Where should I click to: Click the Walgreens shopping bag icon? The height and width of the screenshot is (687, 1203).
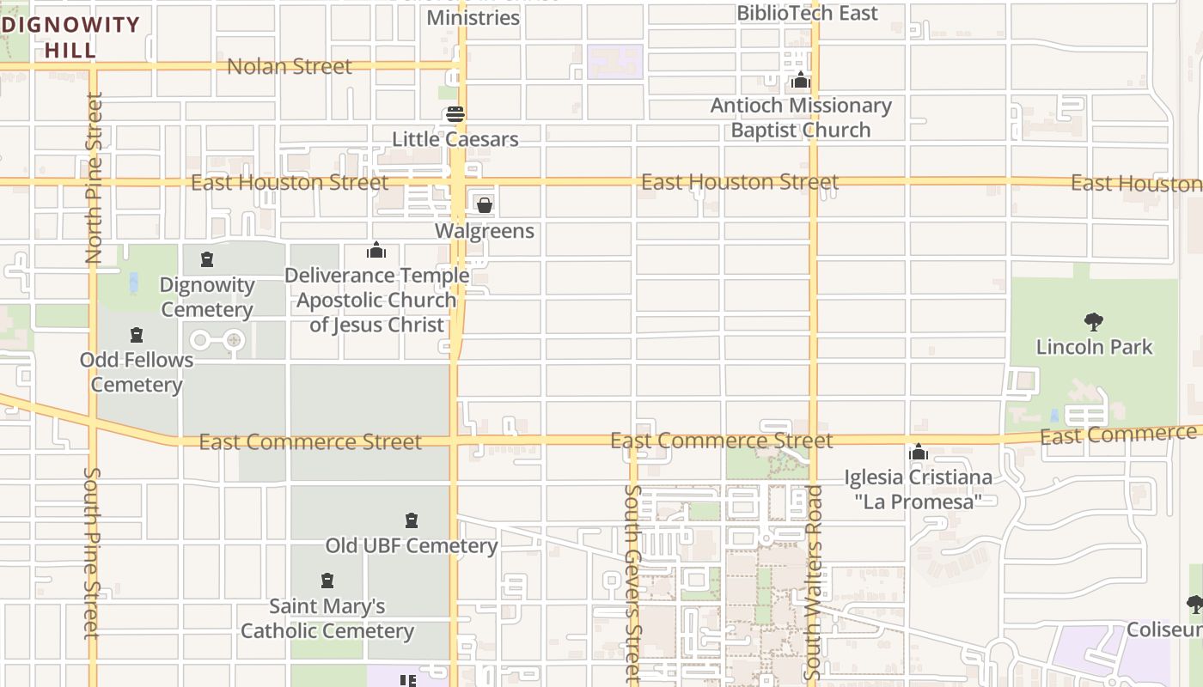pyautogui.click(x=485, y=205)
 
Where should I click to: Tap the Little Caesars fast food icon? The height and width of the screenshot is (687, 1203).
pyautogui.click(x=455, y=114)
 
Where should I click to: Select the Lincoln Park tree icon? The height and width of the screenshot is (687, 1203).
pyautogui.click(x=1094, y=322)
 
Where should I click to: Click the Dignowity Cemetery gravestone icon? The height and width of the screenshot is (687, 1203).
pyautogui.click(x=206, y=259)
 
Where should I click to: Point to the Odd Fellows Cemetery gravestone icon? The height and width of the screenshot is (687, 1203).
pyautogui.click(x=136, y=335)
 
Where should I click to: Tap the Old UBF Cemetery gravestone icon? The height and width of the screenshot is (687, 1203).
pyautogui.click(x=412, y=520)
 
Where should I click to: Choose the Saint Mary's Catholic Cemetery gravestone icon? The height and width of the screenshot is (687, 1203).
pyautogui.click(x=327, y=581)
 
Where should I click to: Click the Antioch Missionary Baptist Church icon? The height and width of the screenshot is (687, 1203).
pyautogui.click(x=801, y=81)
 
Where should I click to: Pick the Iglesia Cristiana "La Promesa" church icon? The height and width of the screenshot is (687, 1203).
pyautogui.click(x=919, y=452)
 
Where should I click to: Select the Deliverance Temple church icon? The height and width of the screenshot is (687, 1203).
pyautogui.click(x=376, y=251)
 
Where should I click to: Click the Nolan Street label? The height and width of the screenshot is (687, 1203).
pyautogui.click(x=290, y=66)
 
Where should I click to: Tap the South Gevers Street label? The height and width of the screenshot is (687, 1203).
pyautogui.click(x=633, y=584)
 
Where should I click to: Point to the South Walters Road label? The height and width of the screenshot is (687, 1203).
pyautogui.click(x=814, y=584)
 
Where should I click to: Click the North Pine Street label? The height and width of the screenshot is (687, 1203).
pyautogui.click(x=94, y=178)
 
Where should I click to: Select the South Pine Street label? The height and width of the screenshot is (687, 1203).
pyautogui.click(x=93, y=554)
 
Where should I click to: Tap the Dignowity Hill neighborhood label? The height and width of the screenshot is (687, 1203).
pyautogui.click(x=70, y=37)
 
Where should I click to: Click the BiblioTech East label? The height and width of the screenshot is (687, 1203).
pyautogui.click(x=808, y=13)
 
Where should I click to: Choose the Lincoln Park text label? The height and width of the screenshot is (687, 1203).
pyautogui.click(x=1094, y=347)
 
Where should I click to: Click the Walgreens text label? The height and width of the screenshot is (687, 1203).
pyautogui.click(x=485, y=231)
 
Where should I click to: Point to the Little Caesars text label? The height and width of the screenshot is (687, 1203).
pyautogui.click(x=455, y=139)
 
